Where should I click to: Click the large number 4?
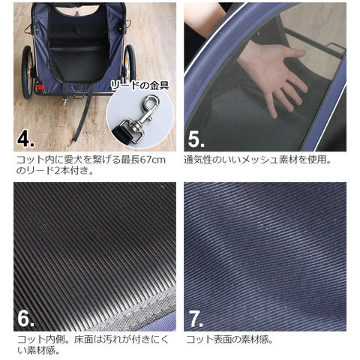[x=25, y=140]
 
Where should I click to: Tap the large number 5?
[x=196, y=140]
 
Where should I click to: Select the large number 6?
[x=25, y=319]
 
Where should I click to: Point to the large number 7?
[x=196, y=319]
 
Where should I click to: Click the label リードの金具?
[x=139, y=85]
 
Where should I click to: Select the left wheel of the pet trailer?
[x=27, y=72]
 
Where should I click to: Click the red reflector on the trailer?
[x=40, y=87]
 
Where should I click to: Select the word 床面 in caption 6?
[x=84, y=340]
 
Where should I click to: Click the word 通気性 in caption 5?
[x=198, y=160]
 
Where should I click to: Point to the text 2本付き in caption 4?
[x=70, y=171]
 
